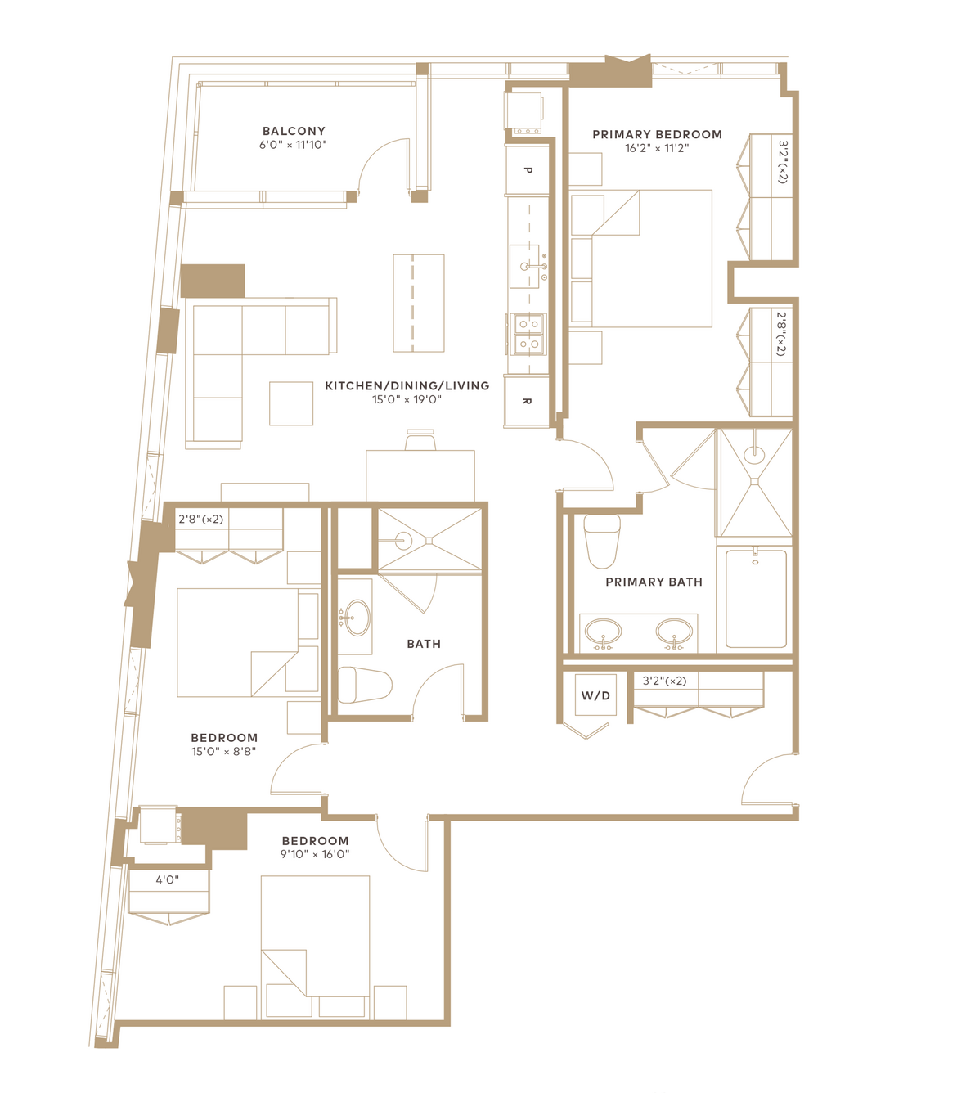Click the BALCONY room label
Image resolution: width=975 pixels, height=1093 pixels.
pyautogui.click(x=294, y=131)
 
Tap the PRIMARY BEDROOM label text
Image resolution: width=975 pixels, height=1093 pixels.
pyautogui.click(x=657, y=134)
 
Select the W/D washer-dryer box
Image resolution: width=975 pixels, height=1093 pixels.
pyautogui.click(x=595, y=695)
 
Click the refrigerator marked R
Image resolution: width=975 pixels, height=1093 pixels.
pyautogui.click(x=527, y=402)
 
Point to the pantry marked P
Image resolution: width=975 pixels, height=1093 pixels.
pyautogui.click(x=528, y=170)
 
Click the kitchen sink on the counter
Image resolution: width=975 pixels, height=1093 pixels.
pyautogui.click(x=524, y=266)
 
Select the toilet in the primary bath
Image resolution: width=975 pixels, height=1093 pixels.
pyautogui.click(x=602, y=541)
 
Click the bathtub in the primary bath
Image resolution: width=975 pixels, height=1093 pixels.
pyautogui.click(x=756, y=598)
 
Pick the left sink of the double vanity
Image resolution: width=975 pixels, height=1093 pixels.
pyautogui.click(x=603, y=632)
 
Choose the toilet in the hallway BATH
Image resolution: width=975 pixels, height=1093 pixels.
pyautogui.click(x=364, y=685)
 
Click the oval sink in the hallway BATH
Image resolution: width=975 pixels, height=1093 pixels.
pyautogui.click(x=357, y=618)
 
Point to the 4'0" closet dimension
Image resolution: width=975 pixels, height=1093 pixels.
pyautogui.click(x=167, y=880)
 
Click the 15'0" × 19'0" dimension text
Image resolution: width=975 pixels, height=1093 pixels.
pyautogui.click(x=407, y=399)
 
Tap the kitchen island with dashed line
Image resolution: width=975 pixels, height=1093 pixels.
pyautogui.click(x=419, y=304)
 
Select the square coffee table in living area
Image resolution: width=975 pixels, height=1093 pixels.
pyautogui.click(x=291, y=403)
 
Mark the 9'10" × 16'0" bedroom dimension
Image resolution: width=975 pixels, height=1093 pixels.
pyautogui.click(x=315, y=853)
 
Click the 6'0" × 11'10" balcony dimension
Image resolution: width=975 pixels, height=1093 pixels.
pyautogui.click(x=293, y=145)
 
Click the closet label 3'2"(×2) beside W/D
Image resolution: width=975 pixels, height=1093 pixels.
pyautogui.click(x=665, y=681)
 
